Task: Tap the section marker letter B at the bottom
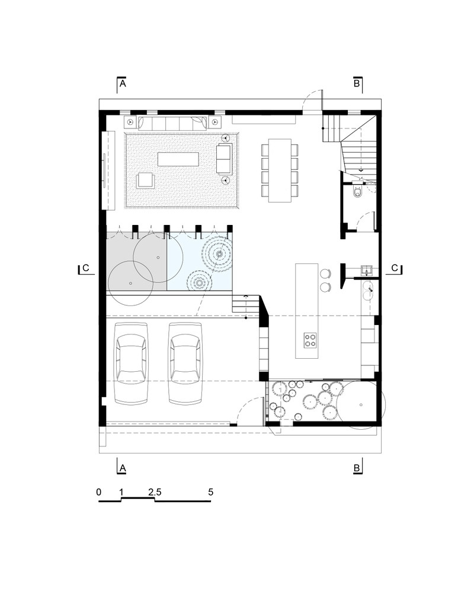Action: (357, 468)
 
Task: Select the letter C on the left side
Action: (86, 268)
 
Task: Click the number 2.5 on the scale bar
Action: (155, 492)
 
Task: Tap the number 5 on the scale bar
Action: (210, 492)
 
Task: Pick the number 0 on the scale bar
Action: (99, 492)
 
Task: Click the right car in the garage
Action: (185, 363)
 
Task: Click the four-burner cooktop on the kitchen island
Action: (310, 340)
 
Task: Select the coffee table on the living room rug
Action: (178, 160)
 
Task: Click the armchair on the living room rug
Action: (145, 180)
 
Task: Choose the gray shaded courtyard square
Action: (136, 262)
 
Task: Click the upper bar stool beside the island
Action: (325, 274)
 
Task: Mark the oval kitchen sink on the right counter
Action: (368, 290)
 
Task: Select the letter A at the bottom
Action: (123, 468)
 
